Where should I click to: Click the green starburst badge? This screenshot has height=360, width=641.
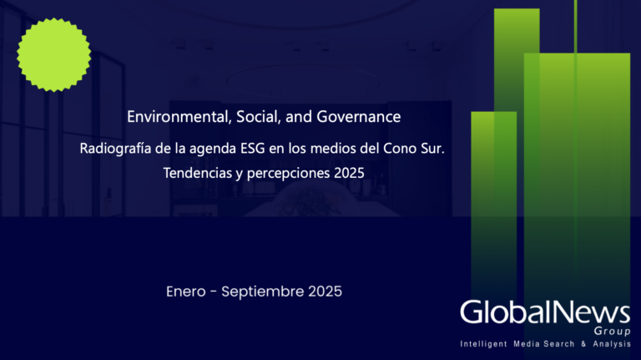[54, 53]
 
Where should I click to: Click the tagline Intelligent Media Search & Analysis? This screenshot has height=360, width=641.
[545, 345]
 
